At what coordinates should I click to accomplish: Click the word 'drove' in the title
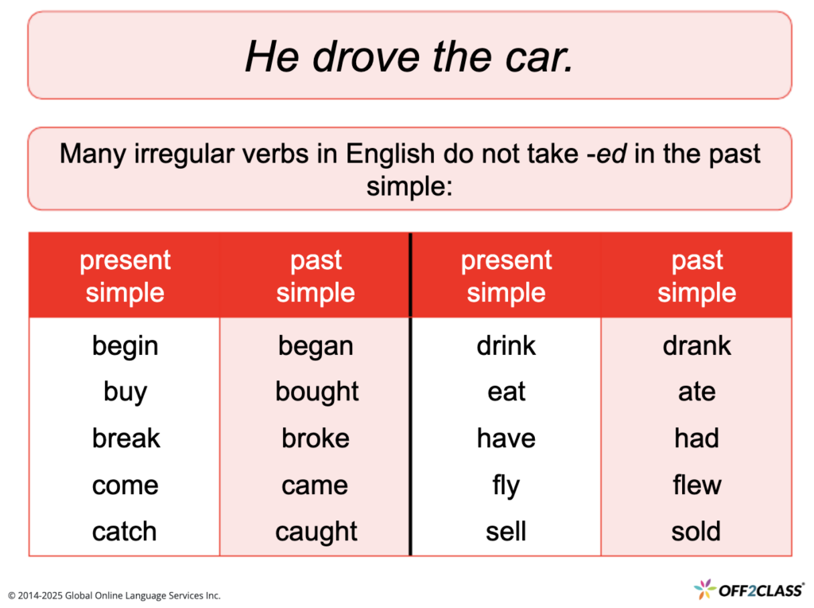[x=357, y=57]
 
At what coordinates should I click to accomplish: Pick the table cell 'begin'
[x=125, y=346]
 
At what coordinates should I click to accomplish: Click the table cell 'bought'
[x=316, y=392]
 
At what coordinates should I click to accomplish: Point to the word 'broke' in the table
[x=316, y=438]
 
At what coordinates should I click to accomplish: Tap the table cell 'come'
[x=125, y=485]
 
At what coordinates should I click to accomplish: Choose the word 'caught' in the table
[x=316, y=532]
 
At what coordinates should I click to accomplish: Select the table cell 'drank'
[x=696, y=346]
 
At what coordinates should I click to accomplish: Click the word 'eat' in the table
[x=506, y=392]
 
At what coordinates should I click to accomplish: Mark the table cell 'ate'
[x=696, y=392]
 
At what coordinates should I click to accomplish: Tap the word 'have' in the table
[x=506, y=438]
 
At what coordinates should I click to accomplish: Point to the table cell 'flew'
[x=696, y=485]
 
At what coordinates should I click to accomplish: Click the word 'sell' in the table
[x=506, y=532]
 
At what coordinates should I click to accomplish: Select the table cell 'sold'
[x=696, y=532]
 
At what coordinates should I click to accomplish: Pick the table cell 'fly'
[x=506, y=485]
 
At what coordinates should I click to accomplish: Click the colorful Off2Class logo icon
[x=704, y=590]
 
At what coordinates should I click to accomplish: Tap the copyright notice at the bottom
[x=114, y=595]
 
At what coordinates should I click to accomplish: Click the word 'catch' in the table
[x=125, y=532]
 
